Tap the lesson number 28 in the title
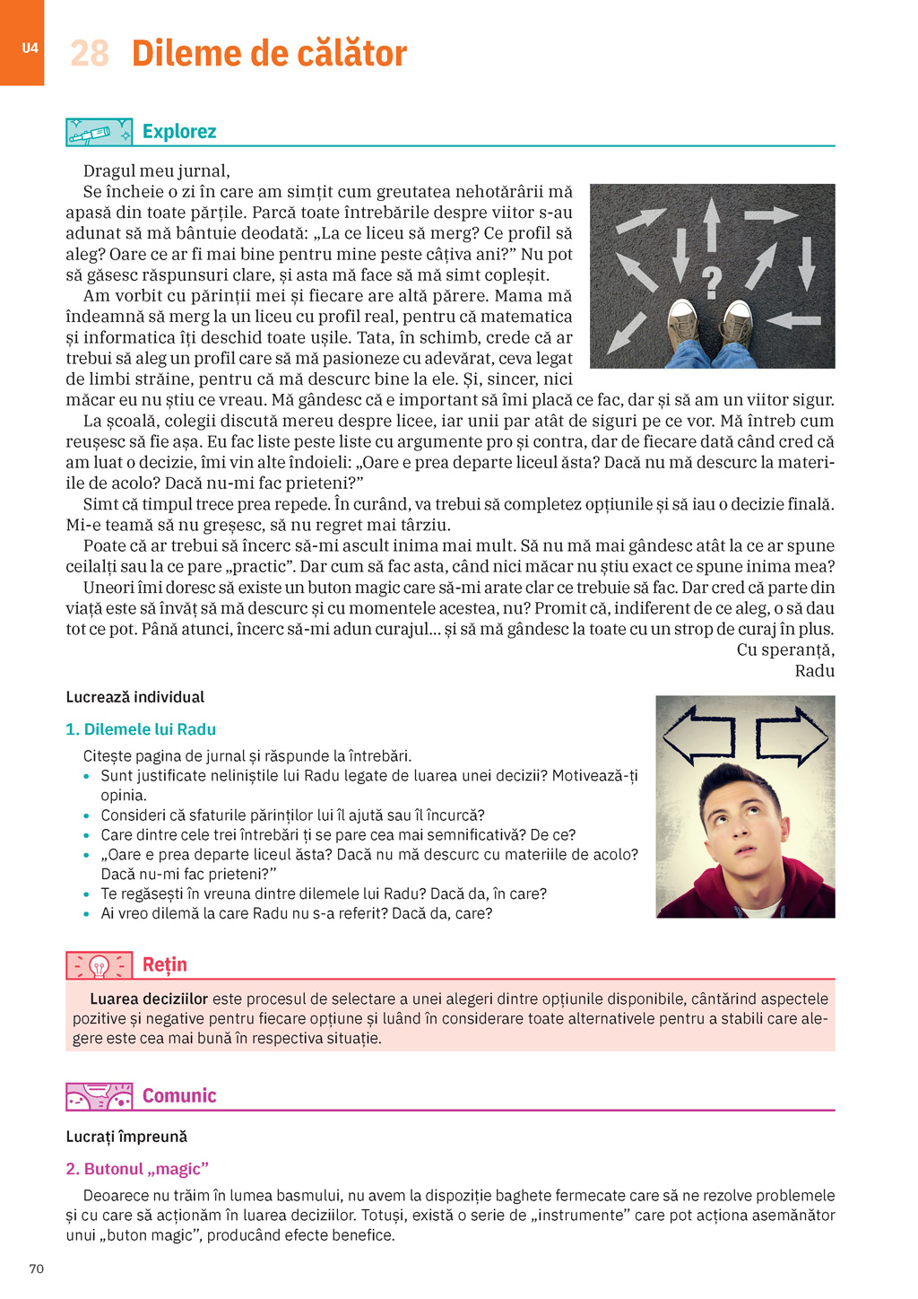tap(90, 54)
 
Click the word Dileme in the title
tap(185, 54)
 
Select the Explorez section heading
tap(179, 132)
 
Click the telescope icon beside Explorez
tap(99, 133)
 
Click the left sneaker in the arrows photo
tap(684, 319)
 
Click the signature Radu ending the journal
tap(814, 671)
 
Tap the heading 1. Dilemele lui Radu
tap(141, 729)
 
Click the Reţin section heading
tap(165, 964)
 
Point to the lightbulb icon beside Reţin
tap(99, 965)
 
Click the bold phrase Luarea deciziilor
tap(149, 998)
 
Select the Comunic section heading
tap(179, 1095)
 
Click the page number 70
tap(37, 1268)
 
